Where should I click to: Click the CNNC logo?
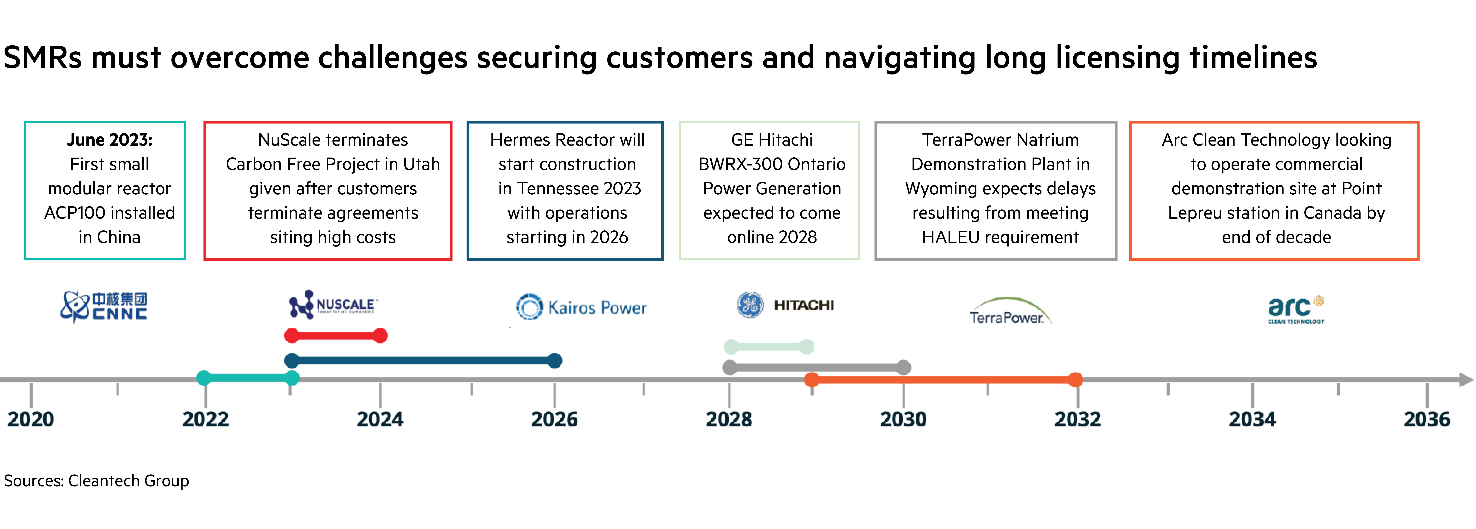click(x=104, y=307)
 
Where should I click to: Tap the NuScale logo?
click(x=332, y=304)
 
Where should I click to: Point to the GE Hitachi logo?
click(x=785, y=305)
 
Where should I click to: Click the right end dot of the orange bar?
click(x=1076, y=379)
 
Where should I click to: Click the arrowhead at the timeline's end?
click(x=1466, y=379)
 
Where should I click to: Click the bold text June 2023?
click(x=109, y=140)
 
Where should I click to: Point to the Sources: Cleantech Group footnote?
click(x=96, y=481)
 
